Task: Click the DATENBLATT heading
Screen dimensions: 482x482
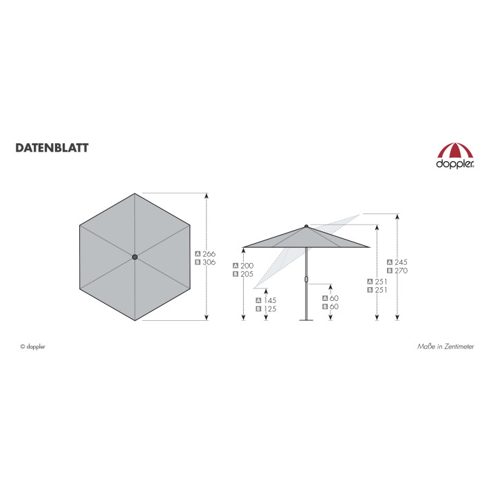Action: point(52,148)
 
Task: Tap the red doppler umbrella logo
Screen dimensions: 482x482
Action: point(455,156)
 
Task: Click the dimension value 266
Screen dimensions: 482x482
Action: point(209,254)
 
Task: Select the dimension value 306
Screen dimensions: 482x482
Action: point(209,262)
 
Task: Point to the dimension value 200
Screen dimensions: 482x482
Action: point(247,266)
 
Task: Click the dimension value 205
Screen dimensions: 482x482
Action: point(247,274)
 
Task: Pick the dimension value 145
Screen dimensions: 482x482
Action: point(270,300)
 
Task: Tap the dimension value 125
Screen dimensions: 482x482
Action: point(270,309)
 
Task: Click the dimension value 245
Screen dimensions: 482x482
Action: point(401,262)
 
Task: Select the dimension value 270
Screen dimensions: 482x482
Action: point(401,271)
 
